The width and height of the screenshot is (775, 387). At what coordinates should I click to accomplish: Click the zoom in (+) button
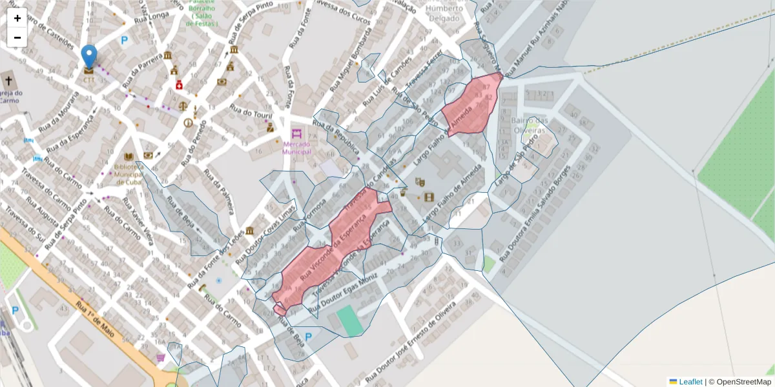tap(17, 18)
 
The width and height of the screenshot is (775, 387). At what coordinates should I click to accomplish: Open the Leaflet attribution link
tap(690, 382)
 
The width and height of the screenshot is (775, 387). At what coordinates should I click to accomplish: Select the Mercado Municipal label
tap(297, 148)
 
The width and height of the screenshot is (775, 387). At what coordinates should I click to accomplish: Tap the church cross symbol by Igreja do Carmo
tap(8, 81)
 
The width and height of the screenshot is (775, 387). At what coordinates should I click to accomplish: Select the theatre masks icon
tap(419, 182)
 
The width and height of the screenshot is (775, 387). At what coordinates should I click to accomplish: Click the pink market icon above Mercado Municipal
tap(296, 134)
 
